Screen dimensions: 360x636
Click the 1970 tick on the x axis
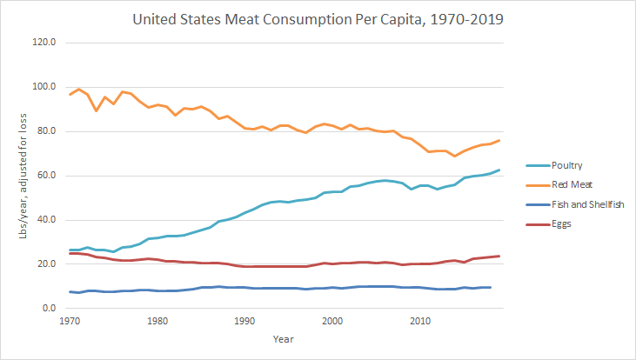coord(70,321)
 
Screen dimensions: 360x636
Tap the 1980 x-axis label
coord(157,321)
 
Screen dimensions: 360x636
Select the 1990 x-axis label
coord(244,321)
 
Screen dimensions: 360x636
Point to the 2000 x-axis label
coord(331,321)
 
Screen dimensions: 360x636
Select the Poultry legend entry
coord(569,165)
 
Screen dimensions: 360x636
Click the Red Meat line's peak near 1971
coord(79,89)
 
